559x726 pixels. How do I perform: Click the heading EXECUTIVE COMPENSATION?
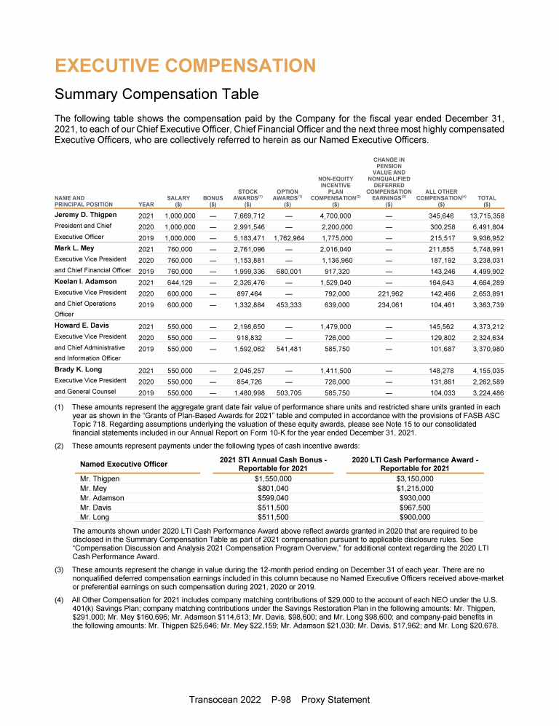(185, 66)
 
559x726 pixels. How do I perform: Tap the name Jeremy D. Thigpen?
(84, 216)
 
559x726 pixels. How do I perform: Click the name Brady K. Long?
(78, 369)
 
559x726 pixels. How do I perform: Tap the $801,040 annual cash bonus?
(272, 489)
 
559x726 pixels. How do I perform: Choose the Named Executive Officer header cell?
(124, 464)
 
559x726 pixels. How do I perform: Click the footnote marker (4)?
(63, 599)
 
